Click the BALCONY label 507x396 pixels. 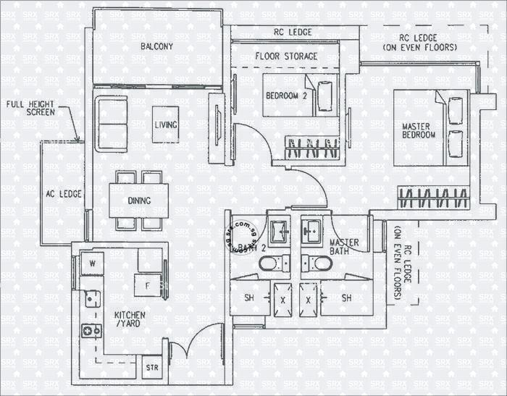pos(156,46)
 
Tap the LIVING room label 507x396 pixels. pos(166,125)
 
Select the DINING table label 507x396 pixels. pos(139,201)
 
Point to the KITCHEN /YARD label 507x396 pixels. pos(130,321)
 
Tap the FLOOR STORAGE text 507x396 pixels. pos(286,56)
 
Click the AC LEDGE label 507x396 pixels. pos(64,194)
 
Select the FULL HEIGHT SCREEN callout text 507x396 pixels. pos(30,108)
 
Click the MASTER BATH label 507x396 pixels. pos(345,247)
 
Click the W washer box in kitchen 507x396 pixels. pos(93,264)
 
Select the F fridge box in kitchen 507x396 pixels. pos(148,285)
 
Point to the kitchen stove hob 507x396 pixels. pos(91,331)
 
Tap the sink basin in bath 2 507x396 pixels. pos(278,232)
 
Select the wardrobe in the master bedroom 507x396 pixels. pos(432,197)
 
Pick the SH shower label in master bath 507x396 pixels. pos(346,298)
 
